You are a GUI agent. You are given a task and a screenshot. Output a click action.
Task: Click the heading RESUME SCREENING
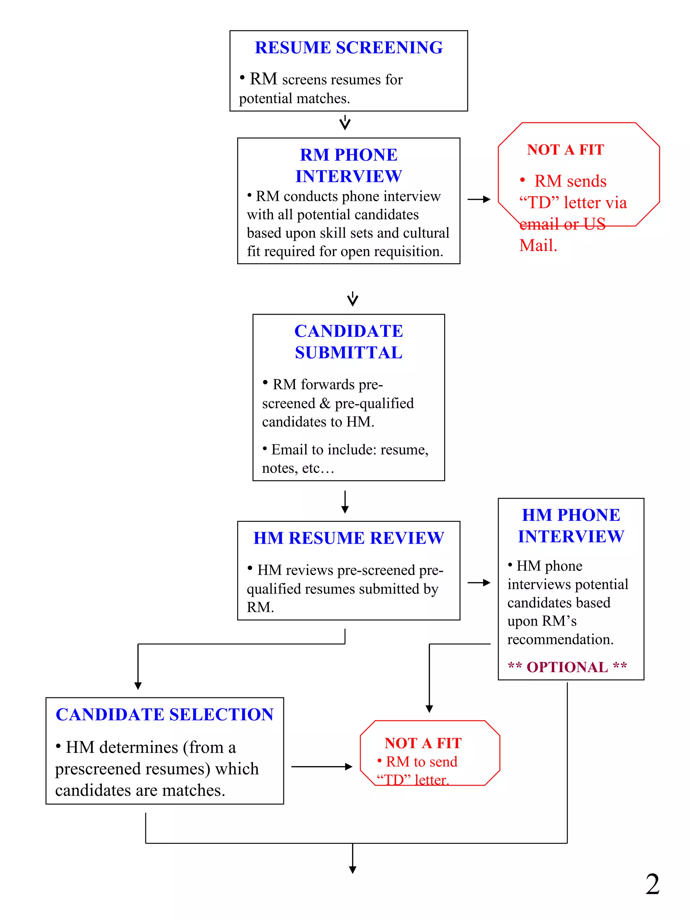pyautogui.click(x=348, y=47)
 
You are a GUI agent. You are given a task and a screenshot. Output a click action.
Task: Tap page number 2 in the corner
pyautogui.click(x=652, y=885)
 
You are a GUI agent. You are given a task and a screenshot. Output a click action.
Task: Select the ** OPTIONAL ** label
pyautogui.click(x=567, y=667)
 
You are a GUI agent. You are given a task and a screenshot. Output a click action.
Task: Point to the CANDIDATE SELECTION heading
pyautogui.click(x=165, y=715)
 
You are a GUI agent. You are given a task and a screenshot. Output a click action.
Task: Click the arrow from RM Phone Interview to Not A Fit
pyautogui.click(x=479, y=200)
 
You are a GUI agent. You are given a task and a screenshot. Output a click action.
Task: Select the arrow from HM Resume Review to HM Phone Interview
pyautogui.click(x=479, y=583)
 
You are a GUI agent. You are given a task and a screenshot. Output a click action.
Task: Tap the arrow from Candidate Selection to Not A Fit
pyautogui.click(x=321, y=766)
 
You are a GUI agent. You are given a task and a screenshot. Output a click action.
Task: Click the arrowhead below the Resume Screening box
pyautogui.click(x=345, y=124)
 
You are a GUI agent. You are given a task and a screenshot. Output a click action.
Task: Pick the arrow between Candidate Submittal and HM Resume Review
pyautogui.click(x=345, y=502)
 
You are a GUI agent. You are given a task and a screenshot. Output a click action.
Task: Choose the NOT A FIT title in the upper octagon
pyautogui.click(x=565, y=150)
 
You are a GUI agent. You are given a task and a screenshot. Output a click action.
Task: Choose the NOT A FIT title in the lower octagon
pyautogui.click(x=423, y=743)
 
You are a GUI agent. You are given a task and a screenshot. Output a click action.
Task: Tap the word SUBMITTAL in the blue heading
pyautogui.click(x=348, y=353)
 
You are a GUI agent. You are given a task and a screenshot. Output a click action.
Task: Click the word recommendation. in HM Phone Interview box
pyautogui.click(x=560, y=639)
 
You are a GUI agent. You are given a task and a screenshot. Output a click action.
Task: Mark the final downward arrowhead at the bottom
pyautogui.click(x=353, y=869)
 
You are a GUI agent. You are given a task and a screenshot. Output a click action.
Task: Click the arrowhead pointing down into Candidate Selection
pyautogui.click(x=138, y=686)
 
